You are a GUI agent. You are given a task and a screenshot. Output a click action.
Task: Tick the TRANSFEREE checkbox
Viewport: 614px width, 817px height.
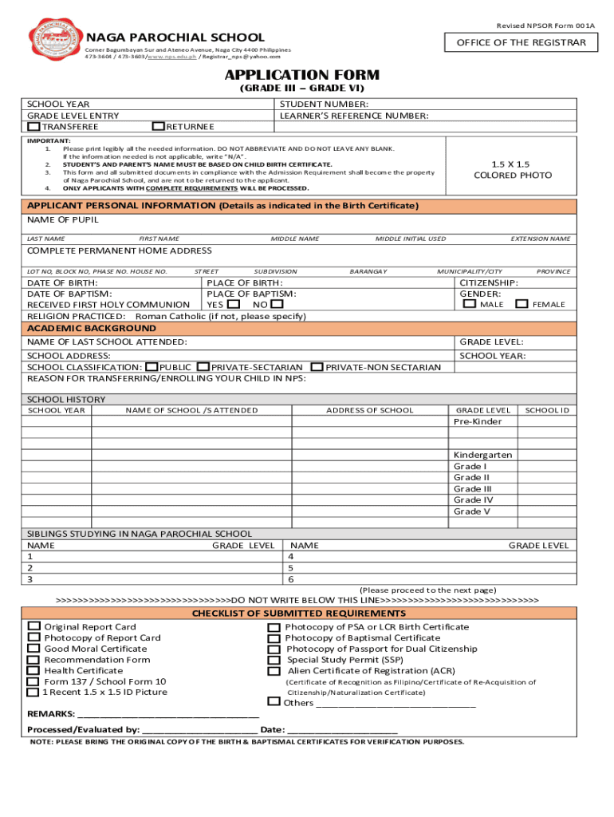[x=33, y=126]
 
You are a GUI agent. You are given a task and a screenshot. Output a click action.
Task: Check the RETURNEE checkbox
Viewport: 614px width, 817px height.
[x=159, y=126]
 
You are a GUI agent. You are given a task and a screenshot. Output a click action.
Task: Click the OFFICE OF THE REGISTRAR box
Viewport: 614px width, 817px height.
[x=521, y=42]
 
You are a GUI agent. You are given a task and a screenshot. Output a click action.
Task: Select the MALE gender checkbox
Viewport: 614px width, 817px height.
[x=470, y=304]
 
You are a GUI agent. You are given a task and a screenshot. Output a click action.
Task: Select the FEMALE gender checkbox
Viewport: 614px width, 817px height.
[x=522, y=304]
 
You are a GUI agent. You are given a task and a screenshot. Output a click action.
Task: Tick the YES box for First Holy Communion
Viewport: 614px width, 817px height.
[x=233, y=304]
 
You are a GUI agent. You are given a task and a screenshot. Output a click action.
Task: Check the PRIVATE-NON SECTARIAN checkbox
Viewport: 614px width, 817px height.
[x=317, y=367]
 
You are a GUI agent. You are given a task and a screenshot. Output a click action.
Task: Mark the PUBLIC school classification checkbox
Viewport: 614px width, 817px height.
[x=152, y=367]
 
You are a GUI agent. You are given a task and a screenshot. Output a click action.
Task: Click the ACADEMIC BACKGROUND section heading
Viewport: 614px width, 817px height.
[x=92, y=329]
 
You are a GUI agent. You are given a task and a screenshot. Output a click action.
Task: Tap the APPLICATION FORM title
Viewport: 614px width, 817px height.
[x=301, y=75]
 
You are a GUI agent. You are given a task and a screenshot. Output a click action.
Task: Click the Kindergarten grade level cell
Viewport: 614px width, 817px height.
[x=482, y=455]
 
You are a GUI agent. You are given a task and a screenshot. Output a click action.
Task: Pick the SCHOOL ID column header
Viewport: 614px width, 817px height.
[x=547, y=410]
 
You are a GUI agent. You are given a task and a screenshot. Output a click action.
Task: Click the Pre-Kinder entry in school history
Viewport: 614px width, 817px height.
[x=478, y=421]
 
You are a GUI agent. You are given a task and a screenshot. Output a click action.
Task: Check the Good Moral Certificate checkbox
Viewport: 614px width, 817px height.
[x=33, y=649]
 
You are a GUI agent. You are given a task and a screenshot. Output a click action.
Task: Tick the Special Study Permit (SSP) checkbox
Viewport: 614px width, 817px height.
[x=274, y=661]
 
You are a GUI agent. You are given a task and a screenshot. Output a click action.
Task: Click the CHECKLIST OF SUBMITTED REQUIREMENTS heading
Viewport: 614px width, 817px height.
[x=299, y=614]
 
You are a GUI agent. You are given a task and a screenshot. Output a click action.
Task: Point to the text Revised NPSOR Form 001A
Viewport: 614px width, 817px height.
[x=545, y=26]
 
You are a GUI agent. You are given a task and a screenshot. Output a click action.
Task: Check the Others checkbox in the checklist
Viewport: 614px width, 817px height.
[x=274, y=702]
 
